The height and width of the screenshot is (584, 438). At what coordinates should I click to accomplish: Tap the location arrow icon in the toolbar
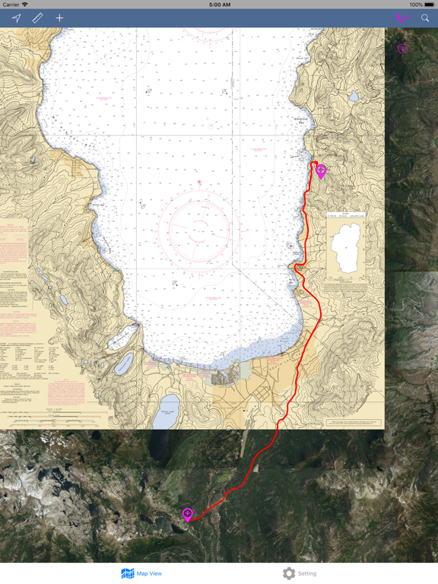pyautogui.click(x=16, y=17)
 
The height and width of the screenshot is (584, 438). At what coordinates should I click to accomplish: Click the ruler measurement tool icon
pyautogui.click(x=37, y=17)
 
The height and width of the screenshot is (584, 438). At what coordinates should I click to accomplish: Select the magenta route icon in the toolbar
pyautogui.click(x=401, y=17)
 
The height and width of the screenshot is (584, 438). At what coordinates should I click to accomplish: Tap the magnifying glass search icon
pyautogui.click(x=425, y=17)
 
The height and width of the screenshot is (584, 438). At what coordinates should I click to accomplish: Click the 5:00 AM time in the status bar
pyautogui.click(x=219, y=5)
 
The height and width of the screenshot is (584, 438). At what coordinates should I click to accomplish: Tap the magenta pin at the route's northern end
pyautogui.click(x=321, y=171)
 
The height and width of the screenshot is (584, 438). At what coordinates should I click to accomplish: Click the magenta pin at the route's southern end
pyautogui.click(x=188, y=515)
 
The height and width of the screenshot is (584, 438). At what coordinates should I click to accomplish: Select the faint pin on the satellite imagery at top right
pyautogui.click(x=402, y=49)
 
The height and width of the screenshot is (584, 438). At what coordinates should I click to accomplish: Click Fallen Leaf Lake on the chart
pyautogui.click(x=168, y=411)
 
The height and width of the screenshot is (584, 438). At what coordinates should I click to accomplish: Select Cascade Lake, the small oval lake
pyautogui.click(x=124, y=363)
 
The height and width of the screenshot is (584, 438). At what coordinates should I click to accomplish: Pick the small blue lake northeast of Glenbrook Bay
pyautogui.click(x=353, y=97)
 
